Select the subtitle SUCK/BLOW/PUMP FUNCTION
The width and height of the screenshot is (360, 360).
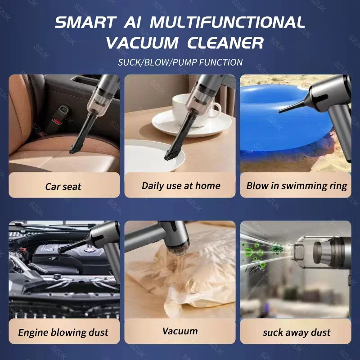[x=180, y=62]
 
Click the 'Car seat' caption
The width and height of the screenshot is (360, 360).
[x=64, y=186]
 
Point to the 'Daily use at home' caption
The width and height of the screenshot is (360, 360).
[x=181, y=185]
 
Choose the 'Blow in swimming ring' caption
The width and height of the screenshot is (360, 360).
[x=297, y=185]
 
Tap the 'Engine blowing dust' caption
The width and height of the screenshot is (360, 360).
[x=63, y=333]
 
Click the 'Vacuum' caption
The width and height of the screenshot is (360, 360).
[x=180, y=331]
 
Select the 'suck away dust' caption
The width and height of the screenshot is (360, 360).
[x=297, y=333]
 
